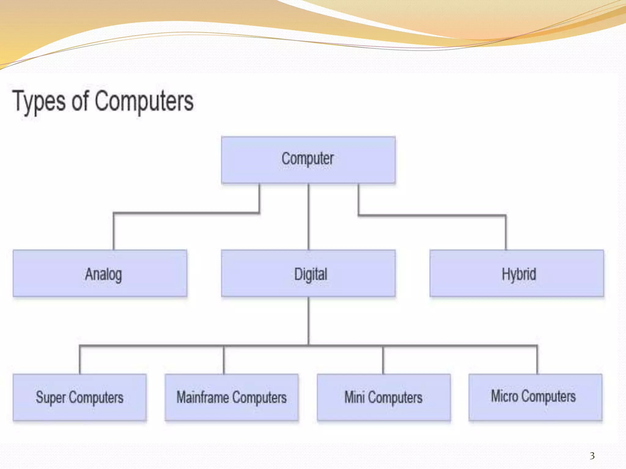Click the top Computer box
308,160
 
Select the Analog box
100,273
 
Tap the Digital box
308,273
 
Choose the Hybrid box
517,273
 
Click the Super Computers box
79,397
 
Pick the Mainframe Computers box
231,397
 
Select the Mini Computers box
384,397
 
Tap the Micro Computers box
535,397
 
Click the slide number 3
592,456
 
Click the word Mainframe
203,397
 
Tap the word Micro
504,396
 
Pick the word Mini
355,397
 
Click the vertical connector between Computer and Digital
308,217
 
